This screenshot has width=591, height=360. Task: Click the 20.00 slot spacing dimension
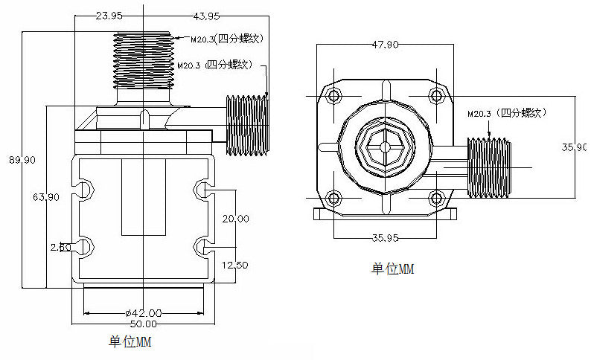pyautogui.click(x=235, y=218)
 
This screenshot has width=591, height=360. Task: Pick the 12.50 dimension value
pyautogui.click(x=235, y=265)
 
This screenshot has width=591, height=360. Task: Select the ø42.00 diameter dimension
pyautogui.click(x=144, y=313)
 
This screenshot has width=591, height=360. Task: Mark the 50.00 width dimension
pyautogui.click(x=144, y=324)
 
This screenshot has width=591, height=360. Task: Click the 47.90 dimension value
pyautogui.click(x=385, y=45)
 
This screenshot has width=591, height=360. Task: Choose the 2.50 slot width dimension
pyautogui.click(x=60, y=247)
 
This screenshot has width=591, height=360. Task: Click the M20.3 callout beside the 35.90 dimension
pyautogui.click(x=506, y=114)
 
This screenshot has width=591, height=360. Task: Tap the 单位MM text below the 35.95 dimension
pyautogui.click(x=392, y=269)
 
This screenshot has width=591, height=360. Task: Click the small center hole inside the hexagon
pyautogui.click(x=385, y=147)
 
